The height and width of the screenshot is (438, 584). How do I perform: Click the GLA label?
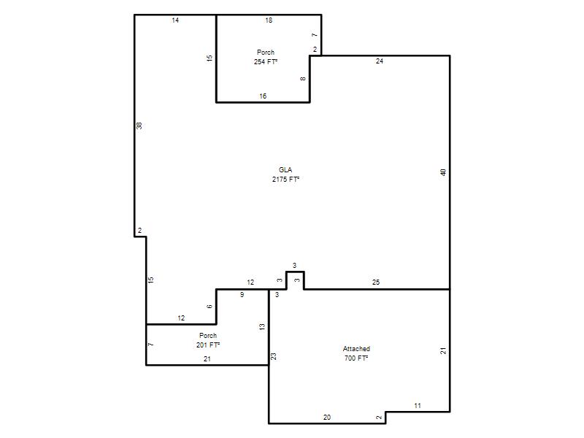pos(285,170)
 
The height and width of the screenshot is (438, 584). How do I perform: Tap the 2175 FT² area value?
pos(285,179)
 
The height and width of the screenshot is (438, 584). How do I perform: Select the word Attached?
pos(356,349)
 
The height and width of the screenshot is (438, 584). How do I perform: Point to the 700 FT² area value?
pos(356,358)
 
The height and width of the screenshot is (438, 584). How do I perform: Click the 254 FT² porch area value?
pos(266,62)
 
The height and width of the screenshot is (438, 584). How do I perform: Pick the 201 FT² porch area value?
pos(208,345)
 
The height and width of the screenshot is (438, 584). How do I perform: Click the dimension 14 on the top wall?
pos(175,20)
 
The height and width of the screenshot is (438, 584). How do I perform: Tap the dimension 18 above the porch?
pos(269,20)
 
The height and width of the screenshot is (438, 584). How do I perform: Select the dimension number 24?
pos(380,61)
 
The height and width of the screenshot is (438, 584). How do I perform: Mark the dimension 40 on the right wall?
pos(443,172)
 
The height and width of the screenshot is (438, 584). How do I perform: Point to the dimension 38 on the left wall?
pos(139,126)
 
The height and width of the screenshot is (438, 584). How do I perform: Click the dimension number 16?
pos(263,96)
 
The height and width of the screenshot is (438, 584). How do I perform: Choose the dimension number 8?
pos(303,79)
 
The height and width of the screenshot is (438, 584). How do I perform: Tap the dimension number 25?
pos(376,283)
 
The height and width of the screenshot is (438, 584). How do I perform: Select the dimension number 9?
pos(242,295)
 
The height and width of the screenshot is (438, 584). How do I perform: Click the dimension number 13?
pos(262,326)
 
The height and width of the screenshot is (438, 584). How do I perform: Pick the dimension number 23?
pos(274,356)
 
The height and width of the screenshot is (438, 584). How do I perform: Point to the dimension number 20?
pos(327,417)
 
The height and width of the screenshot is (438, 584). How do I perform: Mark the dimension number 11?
pos(418,406)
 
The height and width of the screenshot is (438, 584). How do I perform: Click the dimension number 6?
pos(210,306)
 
